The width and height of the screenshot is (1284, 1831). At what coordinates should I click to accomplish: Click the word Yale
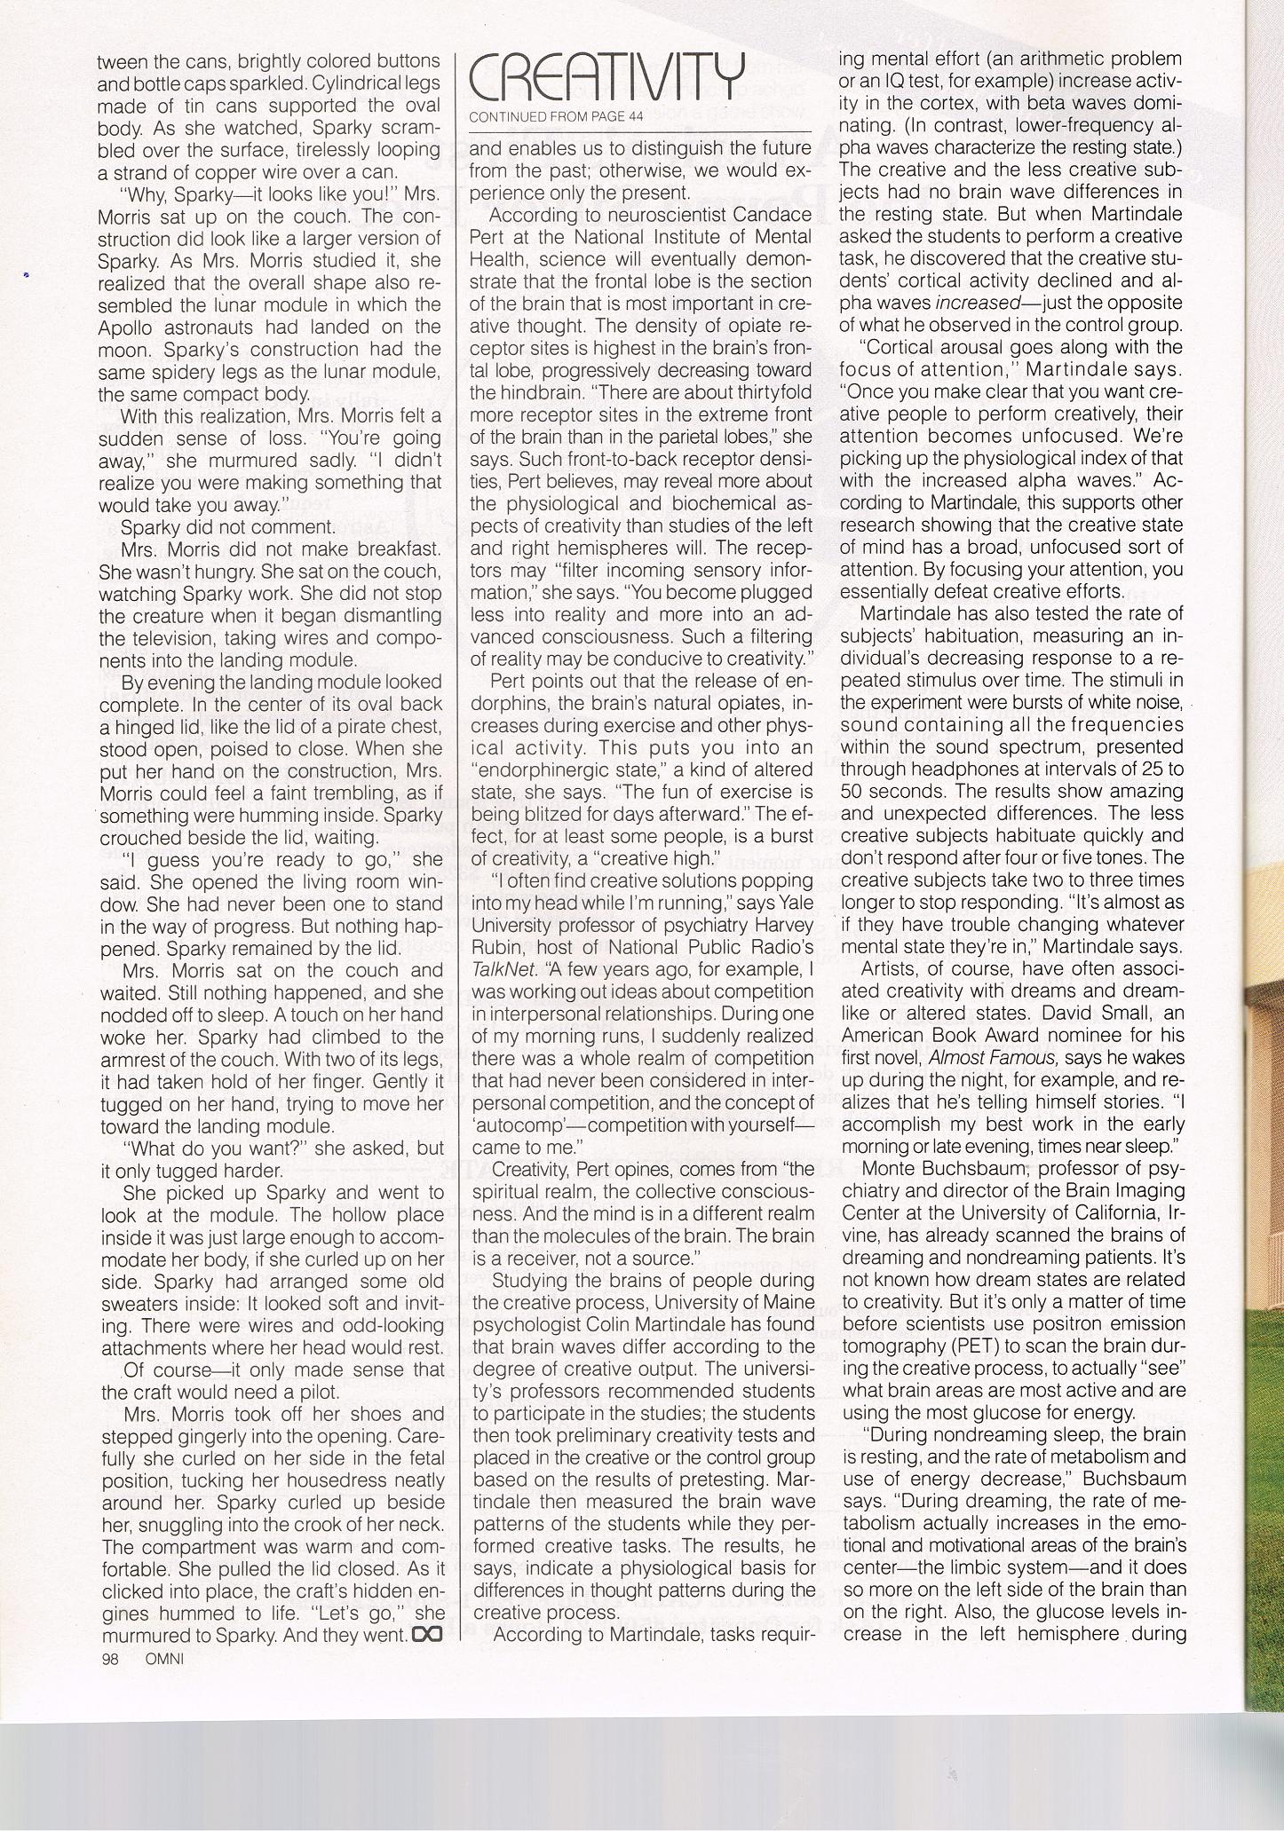click(x=794, y=903)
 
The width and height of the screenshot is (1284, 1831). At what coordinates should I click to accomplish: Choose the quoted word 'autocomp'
click(x=511, y=1125)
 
